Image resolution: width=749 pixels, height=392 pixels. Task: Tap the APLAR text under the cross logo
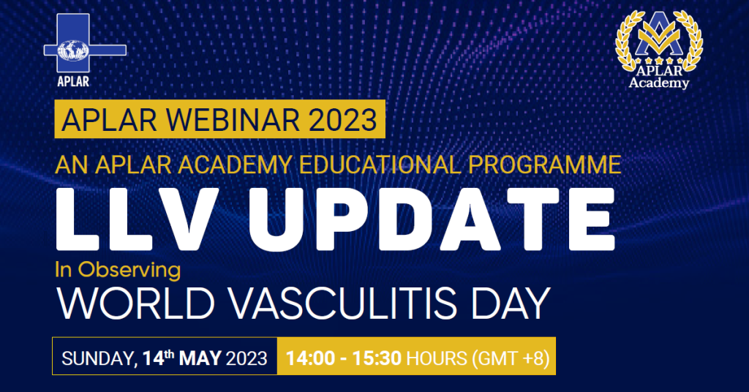tap(73, 81)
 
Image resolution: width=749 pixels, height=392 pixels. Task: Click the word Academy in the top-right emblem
tap(659, 83)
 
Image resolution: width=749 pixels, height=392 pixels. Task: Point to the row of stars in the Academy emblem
tap(659, 61)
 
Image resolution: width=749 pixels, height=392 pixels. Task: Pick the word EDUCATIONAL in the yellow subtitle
tap(380, 165)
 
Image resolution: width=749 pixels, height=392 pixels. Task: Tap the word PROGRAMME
tap(544, 165)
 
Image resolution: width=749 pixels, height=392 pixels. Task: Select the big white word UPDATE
tap(432, 219)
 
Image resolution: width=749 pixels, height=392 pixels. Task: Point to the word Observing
tap(129, 271)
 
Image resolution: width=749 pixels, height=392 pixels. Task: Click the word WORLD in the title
tap(135, 304)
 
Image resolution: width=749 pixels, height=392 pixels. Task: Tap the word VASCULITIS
tap(344, 304)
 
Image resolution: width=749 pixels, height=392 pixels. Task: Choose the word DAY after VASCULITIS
tap(511, 304)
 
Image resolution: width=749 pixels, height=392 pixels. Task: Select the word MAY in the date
tap(200, 358)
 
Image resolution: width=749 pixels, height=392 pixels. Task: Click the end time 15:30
tap(377, 358)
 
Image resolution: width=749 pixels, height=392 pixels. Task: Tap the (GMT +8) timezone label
tap(511, 358)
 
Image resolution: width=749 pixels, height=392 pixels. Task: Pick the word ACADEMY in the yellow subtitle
tap(235, 165)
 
